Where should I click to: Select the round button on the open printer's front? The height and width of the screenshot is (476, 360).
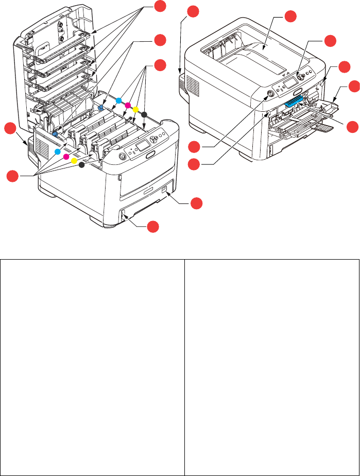click(x=122, y=156)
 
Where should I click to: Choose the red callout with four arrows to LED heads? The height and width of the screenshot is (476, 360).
click(x=161, y=7)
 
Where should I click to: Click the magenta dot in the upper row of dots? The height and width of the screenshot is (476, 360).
click(x=128, y=105)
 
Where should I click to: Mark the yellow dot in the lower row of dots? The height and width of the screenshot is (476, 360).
click(x=74, y=161)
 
